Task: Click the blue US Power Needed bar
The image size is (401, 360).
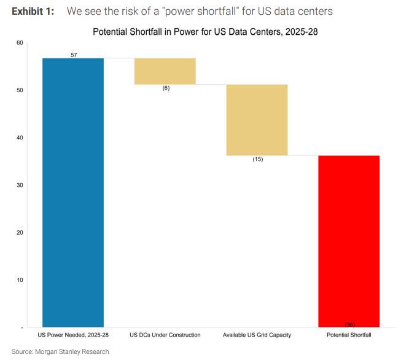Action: pos(72,192)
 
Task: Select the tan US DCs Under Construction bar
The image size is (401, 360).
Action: pos(165,71)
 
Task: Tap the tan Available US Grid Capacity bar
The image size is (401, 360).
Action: pos(257,120)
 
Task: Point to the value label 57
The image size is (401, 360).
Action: pos(74,55)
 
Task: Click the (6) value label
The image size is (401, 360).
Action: pos(165,88)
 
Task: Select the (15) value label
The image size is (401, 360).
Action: pos(257,159)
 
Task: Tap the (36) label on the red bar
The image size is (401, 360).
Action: pos(349,324)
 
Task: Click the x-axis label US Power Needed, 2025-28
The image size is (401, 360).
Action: pos(73,335)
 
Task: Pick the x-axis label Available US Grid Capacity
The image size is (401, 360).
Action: pos(257,335)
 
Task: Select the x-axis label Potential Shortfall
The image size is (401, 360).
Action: pos(349,335)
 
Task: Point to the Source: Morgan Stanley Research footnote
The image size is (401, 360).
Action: pos(60,352)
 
